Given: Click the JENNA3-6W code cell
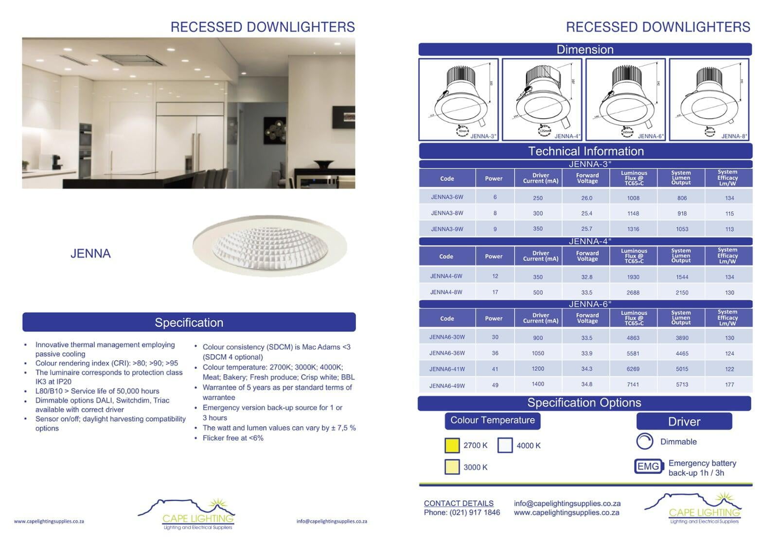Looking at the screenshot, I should [x=447, y=197].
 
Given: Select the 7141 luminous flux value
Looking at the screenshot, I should [x=633, y=384].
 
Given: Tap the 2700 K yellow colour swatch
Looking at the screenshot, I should [x=452, y=445].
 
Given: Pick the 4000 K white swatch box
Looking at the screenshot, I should [x=505, y=445].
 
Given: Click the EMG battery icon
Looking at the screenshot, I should [x=649, y=466].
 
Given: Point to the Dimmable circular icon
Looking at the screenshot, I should [x=645, y=441].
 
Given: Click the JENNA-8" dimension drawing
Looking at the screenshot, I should [x=709, y=100].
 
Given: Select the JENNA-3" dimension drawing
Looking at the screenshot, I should [x=459, y=100].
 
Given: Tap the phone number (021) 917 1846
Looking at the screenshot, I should [x=462, y=512].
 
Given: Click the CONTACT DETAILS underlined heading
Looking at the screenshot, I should [x=459, y=503].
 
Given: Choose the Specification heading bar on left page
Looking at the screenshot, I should [x=189, y=322].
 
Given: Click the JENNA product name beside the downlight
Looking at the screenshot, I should [x=90, y=253].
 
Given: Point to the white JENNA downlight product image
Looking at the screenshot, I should [x=270, y=246].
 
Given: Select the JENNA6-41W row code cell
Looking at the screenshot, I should [x=447, y=369].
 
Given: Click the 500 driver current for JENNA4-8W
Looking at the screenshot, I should [x=538, y=293].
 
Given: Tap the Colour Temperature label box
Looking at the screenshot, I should [x=492, y=420].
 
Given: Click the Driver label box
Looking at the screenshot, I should [x=684, y=421].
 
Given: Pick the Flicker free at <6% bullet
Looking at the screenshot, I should [x=233, y=438].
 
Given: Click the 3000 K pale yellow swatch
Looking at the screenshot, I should [x=452, y=467].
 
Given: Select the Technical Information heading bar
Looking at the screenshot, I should [x=585, y=151].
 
